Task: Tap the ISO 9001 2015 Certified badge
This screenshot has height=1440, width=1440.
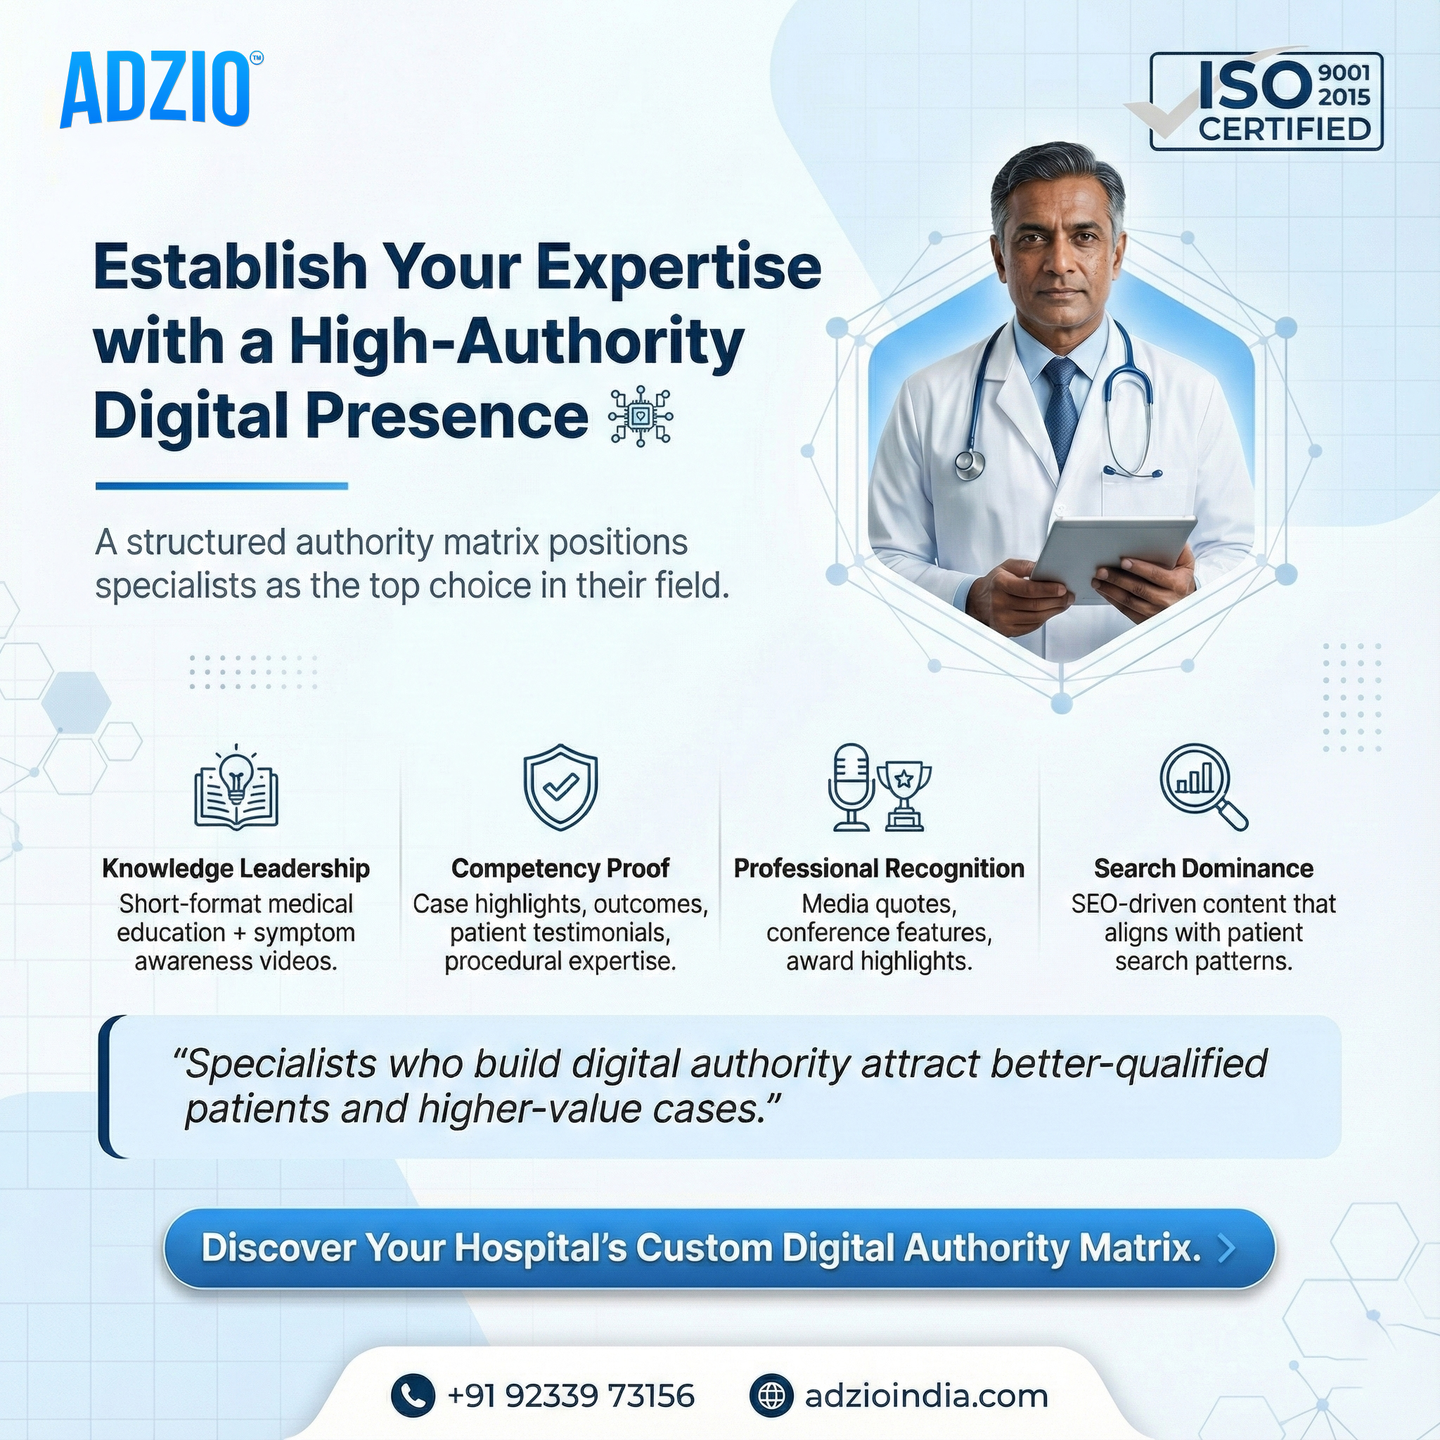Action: coord(1265,101)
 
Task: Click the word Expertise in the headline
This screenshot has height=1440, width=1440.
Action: coord(679,268)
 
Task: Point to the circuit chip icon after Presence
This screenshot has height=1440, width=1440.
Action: coord(640,417)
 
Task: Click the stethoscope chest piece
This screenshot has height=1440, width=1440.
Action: coord(969,464)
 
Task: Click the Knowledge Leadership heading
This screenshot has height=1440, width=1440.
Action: coord(236,868)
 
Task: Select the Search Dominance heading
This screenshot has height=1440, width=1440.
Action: coord(1203,868)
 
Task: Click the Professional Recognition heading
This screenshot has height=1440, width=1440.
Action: coord(879,868)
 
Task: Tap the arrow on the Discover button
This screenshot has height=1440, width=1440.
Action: coord(1226,1249)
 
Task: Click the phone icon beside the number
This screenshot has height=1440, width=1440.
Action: coord(412,1395)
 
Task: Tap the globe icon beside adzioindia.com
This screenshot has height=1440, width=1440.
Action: coord(771,1395)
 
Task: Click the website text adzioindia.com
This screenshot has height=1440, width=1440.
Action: coord(926,1395)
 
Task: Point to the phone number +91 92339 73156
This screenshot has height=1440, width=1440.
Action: coord(570,1395)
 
